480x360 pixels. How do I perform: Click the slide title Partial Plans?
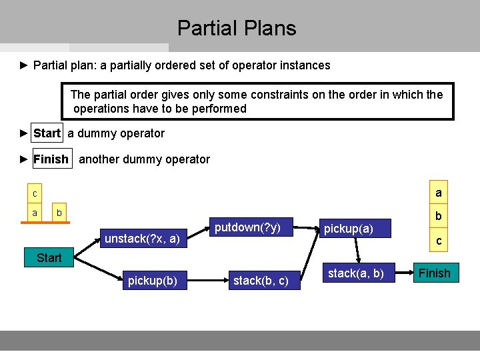tap(237, 28)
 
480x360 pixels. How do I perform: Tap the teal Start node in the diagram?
tap(49, 257)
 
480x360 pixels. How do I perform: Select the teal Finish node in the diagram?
tap(435, 273)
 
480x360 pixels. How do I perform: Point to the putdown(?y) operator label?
tap(247, 227)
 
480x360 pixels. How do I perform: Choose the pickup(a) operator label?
tap(348, 229)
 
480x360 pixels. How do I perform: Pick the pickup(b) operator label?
tap(152, 281)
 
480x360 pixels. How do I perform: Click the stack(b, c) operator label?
tap(261, 281)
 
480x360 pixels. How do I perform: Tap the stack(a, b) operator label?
tap(356, 273)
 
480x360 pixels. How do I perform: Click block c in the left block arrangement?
tap(35, 194)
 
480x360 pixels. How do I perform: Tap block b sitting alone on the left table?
tap(59, 213)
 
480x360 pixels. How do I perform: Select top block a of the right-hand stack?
tap(438, 193)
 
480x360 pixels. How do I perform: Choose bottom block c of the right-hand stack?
tap(438, 241)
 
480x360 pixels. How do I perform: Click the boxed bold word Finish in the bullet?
tap(51, 159)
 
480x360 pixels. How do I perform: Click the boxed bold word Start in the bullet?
tap(47, 133)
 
